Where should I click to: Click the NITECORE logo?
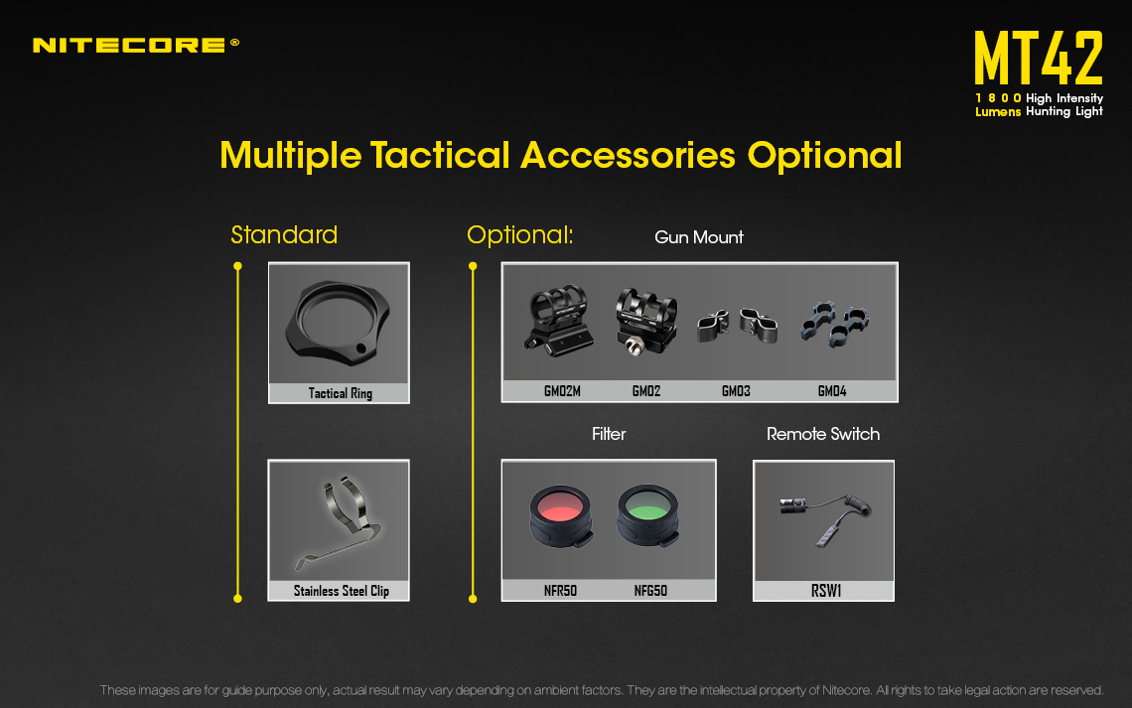click(136, 45)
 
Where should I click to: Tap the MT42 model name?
click(1038, 58)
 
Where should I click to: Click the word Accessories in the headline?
click(628, 155)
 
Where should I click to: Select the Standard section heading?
click(284, 234)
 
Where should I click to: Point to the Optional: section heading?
click(519, 234)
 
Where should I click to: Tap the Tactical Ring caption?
click(340, 393)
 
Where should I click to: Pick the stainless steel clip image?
click(339, 521)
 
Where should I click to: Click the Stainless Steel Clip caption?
click(341, 591)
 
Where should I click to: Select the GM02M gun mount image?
click(559, 321)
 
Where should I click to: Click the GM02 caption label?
click(646, 391)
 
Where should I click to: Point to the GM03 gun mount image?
click(737, 326)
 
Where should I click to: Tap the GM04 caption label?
click(832, 391)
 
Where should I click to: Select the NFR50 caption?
click(560, 591)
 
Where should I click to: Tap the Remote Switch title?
click(823, 434)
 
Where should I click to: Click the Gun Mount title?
click(699, 237)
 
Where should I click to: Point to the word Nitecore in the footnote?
click(846, 690)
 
